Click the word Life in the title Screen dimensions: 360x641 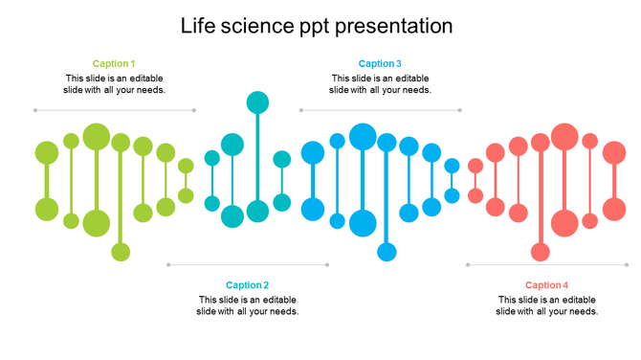click(x=197, y=26)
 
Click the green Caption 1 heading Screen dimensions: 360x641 click(x=114, y=64)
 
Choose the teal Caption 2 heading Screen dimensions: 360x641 click(x=248, y=285)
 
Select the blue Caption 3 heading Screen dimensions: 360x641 click(x=380, y=64)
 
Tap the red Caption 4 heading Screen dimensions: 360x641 click(x=547, y=285)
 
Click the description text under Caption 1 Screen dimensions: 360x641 click(x=114, y=84)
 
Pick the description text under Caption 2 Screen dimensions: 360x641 click(x=248, y=305)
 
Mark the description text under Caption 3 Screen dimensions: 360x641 click(x=380, y=84)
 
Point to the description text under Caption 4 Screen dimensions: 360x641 click(x=547, y=305)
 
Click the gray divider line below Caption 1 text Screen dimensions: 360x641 click(x=115, y=110)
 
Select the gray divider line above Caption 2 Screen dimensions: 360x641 click(x=248, y=264)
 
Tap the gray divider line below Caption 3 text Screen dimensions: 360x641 click(x=381, y=110)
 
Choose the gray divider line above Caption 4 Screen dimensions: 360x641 click(x=548, y=264)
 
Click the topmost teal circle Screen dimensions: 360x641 click(x=257, y=102)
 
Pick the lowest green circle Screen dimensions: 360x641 click(x=121, y=252)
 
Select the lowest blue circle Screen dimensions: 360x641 click(x=387, y=252)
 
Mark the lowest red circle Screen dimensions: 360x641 click(x=541, y=252)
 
